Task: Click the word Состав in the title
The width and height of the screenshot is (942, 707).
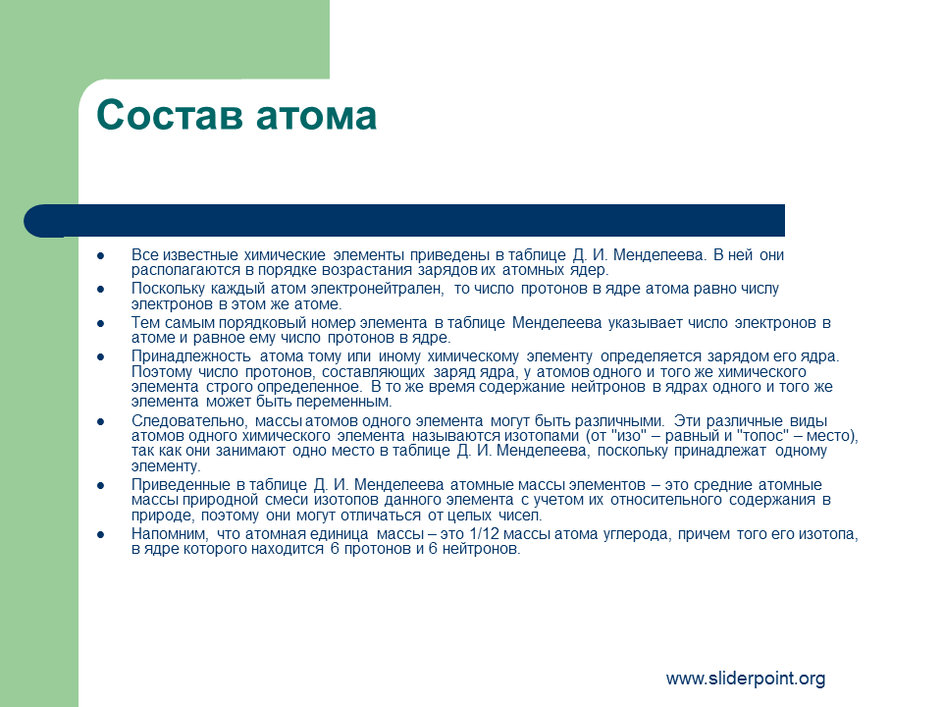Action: tap(170, 115)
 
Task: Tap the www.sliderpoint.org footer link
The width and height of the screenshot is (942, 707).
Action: tap(746, 679)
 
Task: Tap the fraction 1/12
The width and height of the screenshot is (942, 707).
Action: tap(481, 534)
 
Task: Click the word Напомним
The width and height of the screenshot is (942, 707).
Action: tap(170, 534)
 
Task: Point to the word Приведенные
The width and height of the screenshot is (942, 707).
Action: tap(181, 485)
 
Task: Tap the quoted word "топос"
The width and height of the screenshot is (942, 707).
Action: tap(762, 436)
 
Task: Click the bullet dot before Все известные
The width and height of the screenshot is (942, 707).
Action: tap(100, 256)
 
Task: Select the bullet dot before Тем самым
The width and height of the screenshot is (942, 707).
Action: tap(100, 323)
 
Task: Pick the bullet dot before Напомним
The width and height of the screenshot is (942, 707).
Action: tap(100, 534)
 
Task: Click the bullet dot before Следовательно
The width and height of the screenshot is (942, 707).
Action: tap(100, 422)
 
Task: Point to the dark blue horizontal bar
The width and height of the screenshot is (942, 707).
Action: tap(404, 221)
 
